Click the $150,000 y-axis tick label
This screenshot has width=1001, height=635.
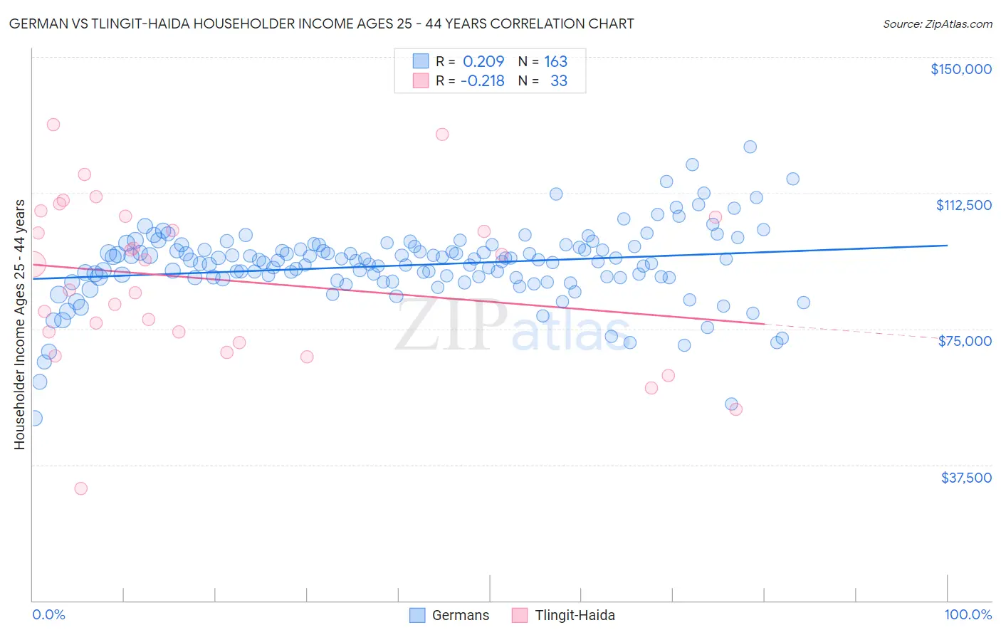point(960,69)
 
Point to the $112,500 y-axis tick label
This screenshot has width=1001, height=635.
point(963,205)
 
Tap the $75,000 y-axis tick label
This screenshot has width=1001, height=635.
point(965,341)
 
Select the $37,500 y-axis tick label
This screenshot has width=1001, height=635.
point(965,478)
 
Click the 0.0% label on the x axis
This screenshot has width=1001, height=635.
point(48,615)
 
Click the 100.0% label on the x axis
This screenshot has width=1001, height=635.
point(968,615)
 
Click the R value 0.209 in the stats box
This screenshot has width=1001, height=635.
point(483,62)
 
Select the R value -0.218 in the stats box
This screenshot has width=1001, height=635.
point(482,81)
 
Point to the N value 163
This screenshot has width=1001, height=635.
point(555,62)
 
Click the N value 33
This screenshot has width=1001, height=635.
point(559,81)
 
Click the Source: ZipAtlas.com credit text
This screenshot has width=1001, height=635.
point(937,24)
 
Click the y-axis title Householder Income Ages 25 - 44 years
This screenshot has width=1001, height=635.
point(20,325)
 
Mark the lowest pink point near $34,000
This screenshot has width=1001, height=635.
point(81,488)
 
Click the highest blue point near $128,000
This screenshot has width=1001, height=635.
point(750,147)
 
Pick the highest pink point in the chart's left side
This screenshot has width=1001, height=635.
point(53,125)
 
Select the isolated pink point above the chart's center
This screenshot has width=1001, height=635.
point(442,134)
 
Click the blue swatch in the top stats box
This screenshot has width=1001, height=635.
point(421,61)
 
